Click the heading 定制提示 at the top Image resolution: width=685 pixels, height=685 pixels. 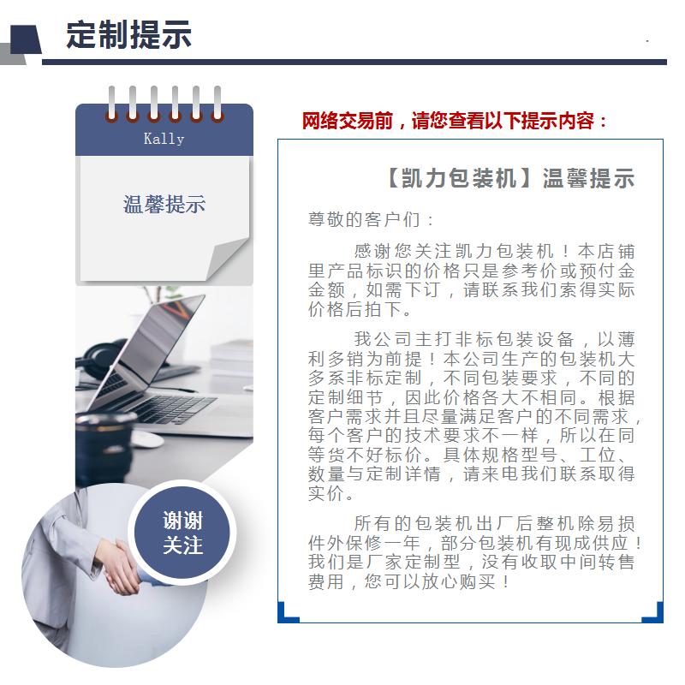(129, 34)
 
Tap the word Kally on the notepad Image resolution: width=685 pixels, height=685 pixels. (164, 139)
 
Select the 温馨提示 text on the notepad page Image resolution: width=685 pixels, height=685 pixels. (164, 205)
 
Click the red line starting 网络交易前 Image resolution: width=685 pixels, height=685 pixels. (455, 121)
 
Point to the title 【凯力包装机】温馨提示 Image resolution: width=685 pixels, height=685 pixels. (509, 178)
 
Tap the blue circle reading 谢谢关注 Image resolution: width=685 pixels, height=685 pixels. (182, 532)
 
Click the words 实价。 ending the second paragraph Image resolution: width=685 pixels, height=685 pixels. (331, 494)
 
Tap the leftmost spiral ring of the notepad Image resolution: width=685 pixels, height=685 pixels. (112, 104)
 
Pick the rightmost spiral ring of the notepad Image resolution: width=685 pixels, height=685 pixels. (217, 104)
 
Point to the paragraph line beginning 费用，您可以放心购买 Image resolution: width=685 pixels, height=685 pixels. (409, 582)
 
